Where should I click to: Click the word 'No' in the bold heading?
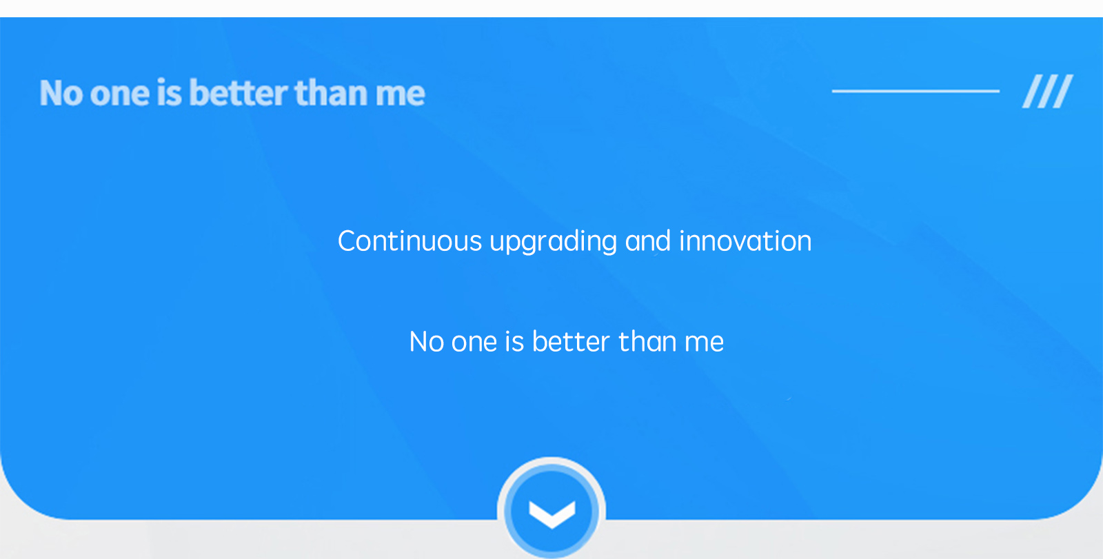point(61,93)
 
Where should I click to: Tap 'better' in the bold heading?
point(239,92)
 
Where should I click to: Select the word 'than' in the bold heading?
point(331,92)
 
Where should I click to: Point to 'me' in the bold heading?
point(400,96)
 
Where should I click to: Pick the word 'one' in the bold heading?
point(120,96)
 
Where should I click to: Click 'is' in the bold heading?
point(170,92)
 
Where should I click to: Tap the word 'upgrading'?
point(553,243)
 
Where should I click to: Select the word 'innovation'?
point(745,241)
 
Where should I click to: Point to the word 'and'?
point(647,241)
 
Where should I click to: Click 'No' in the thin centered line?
point(427,342)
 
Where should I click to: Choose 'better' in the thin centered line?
point(571,341)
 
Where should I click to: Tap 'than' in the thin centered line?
point(647,341)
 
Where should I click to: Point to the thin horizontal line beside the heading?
point(915,91)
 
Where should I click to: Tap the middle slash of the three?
point(1047,91)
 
